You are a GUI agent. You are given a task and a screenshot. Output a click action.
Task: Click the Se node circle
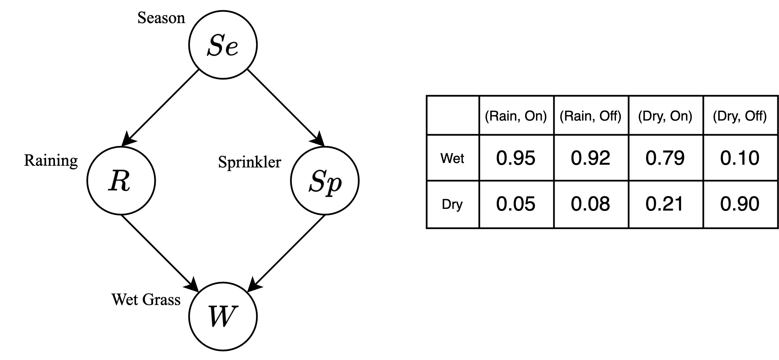click(223, 45)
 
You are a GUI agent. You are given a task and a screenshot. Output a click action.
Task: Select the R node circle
click(121, 180)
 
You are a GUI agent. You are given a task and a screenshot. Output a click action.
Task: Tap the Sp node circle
click(325, 180)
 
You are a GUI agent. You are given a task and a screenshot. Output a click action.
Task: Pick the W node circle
click(223, 316)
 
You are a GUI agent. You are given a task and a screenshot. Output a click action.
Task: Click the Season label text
click(161, 18)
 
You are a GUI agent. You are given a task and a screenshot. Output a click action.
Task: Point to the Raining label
click(51, 160)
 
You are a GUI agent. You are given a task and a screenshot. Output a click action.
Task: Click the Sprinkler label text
click(249, 162)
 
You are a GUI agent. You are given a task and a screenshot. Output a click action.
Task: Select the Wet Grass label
click(146, 300)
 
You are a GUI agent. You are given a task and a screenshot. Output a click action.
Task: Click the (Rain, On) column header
click(516, 116)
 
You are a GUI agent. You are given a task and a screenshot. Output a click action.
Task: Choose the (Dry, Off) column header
click(740, 116)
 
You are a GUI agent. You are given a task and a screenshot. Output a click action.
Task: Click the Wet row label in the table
click(452, 158)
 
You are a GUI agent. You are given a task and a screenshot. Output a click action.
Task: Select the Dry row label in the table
click(452, 204)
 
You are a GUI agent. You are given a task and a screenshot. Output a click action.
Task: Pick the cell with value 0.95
click(516, 158)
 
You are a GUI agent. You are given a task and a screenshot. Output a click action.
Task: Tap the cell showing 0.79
click(665, 158)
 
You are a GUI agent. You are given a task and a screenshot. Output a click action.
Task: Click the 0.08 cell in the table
click(591, 204)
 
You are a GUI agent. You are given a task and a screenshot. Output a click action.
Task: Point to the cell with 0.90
click(740, 204)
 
